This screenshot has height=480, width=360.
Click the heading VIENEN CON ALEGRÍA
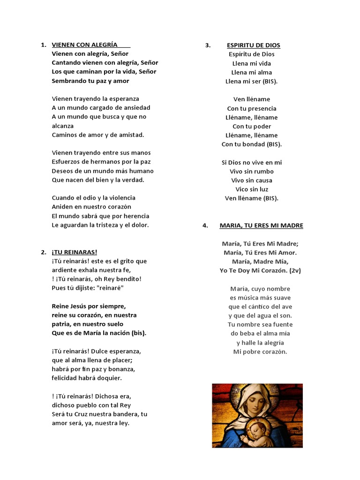point(84,45)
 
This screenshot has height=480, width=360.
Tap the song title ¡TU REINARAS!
point(75,252)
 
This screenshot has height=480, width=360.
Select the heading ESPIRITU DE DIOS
point(253,45)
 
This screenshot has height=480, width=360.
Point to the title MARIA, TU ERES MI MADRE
point(261,225)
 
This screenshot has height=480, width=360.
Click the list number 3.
point(207,45)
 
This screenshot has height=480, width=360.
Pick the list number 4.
point(205,225)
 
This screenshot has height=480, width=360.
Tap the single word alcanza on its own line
point(63,126)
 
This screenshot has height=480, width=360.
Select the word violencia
point(120,198)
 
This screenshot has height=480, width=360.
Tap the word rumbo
point(263,171)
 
